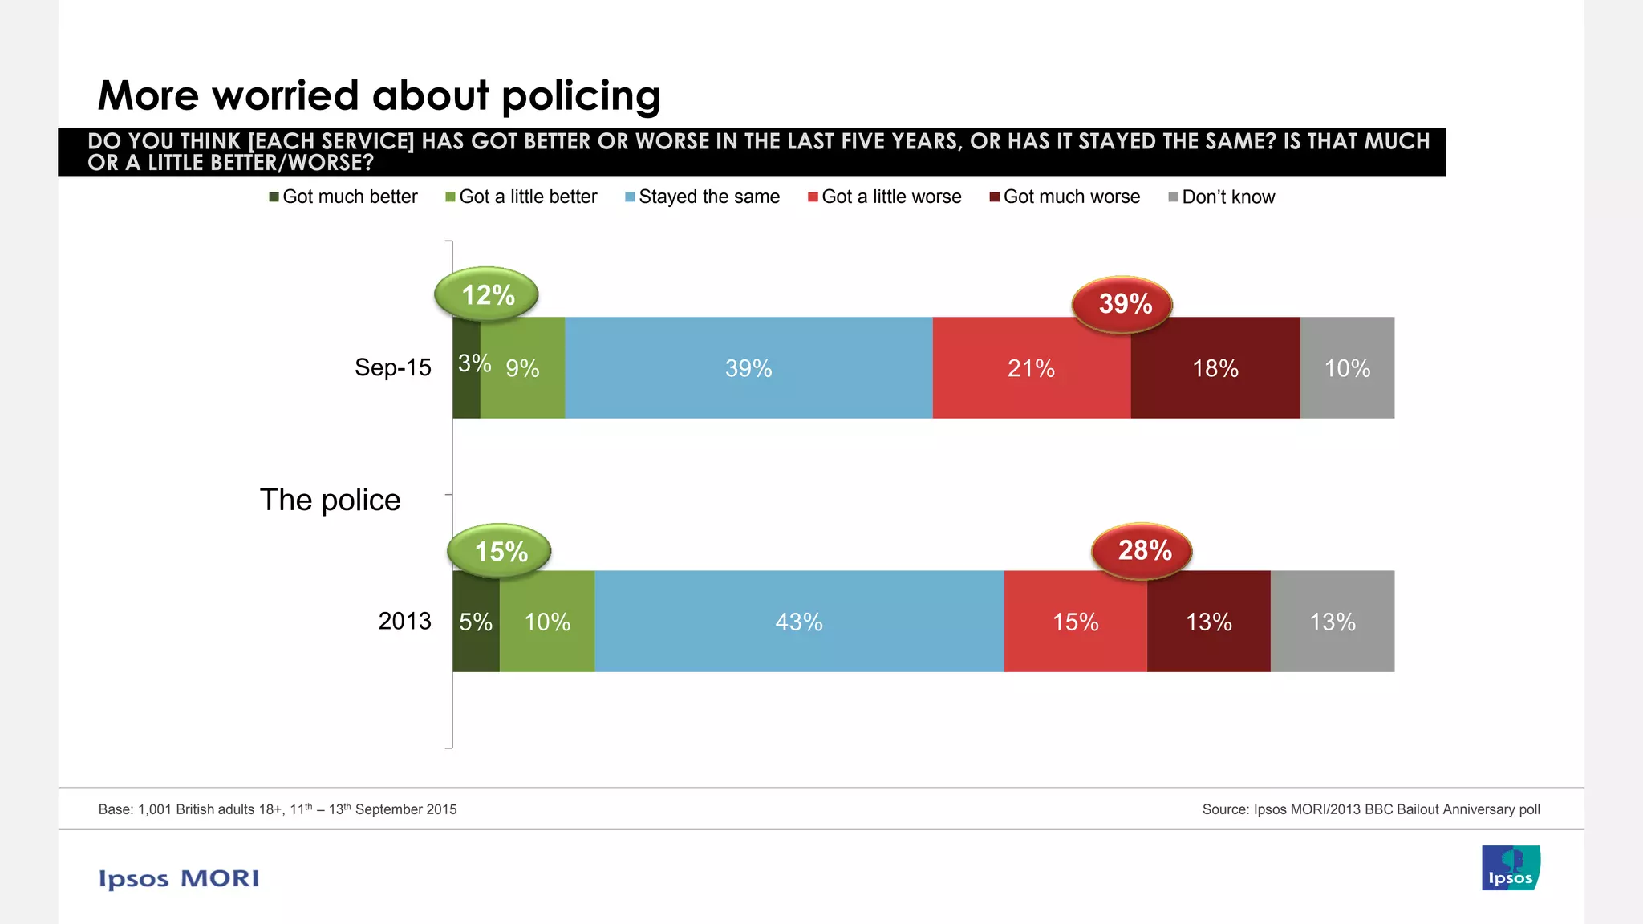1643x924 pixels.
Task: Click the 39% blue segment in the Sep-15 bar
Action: coord(748,368)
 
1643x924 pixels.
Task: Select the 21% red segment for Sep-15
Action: coord(1031,368)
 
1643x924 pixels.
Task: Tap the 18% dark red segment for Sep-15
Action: coord(1215,368)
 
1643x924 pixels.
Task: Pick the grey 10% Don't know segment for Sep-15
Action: coord(1347,368)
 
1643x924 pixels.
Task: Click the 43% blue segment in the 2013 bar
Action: coord(799,622)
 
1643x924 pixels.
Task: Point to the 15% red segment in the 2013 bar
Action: coord(1075,622)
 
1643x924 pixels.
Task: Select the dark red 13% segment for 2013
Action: coord(1208,622)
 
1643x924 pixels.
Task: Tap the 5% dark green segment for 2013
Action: coord(476,622)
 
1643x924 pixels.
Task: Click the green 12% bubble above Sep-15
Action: coord(487,294)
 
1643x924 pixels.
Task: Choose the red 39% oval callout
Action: coord(1123,303)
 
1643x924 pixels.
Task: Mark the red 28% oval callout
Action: coord(1143,550)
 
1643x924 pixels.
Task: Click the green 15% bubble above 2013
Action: coord(500,551)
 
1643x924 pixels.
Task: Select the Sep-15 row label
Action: coord(392,367)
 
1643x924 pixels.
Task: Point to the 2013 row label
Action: coord(404,621)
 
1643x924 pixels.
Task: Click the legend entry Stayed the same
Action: coord(702,197)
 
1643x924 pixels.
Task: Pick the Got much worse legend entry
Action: coord(1065,197)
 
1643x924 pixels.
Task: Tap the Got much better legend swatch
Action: coord(274,197)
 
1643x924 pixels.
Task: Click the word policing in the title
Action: coord(581,95)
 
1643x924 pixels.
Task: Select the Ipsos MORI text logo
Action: coord(179,878)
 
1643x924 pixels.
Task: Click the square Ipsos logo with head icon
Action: coord(1511,868)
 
